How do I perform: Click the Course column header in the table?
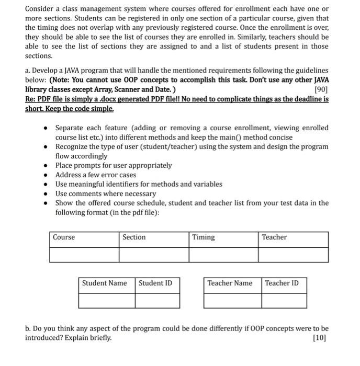(64, 237)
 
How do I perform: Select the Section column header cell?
(134, 237)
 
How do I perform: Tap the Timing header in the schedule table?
(203, 237)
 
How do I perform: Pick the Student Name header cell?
(104, 283)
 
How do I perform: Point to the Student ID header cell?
(155, 283)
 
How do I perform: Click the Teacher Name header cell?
(230, 283)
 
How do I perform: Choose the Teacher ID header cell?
(282, 283)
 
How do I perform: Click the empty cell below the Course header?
(84, 255)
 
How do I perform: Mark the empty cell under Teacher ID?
(284, 301)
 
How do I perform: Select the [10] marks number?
(320, 338)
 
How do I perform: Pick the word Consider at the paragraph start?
(42, 8)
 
